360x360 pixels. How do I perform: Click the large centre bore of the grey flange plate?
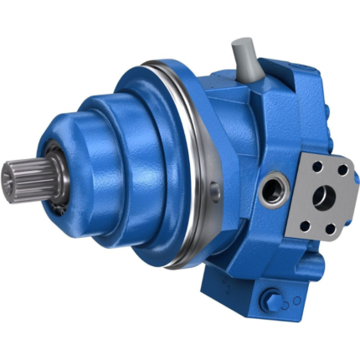(x=324, y=198)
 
